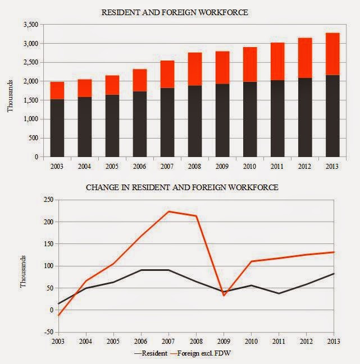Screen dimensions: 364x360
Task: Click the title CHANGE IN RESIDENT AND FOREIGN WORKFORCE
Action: pyautogui.click(x=181, y=187)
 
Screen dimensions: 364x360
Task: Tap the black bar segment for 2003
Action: pyautogui.click(x=57, y=128)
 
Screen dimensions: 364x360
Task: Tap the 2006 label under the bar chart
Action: pyautogui.click(x=140, y=167)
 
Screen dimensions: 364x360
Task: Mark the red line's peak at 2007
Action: pyautogui.click(x=168, y=211)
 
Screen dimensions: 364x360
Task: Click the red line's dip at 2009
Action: pyautogui.click(x=224, y=295)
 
